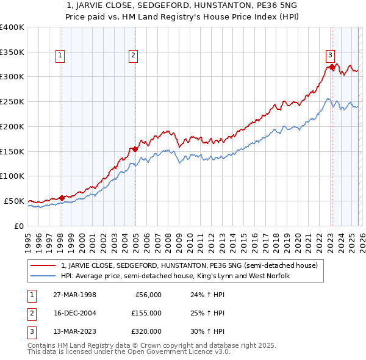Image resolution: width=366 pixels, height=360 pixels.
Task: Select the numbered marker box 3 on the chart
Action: coord(330,54)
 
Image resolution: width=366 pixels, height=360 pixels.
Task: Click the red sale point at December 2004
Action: coord(135,148)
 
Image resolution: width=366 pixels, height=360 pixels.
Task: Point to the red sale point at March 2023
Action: coord(332,67)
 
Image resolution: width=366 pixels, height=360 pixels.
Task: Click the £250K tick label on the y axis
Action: coord(12,101)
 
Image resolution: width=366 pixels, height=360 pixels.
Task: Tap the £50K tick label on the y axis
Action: coord(14,201)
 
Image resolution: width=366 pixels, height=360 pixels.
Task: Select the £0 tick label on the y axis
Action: coord(18,226)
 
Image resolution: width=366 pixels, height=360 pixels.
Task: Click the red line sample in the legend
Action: coord(43,265)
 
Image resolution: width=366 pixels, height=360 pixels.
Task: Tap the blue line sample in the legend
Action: coord(43,276)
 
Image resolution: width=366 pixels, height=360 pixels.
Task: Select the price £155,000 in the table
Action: coord(146,313)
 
